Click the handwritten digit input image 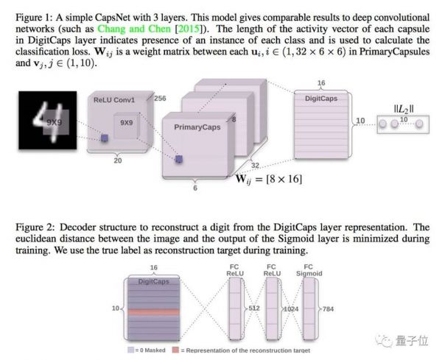pos(48,120)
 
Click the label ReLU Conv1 pos(114,100)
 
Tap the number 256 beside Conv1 pos(160,99)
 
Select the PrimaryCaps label pos(197,127)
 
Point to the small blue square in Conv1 pos(105,138)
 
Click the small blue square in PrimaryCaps pos(179,159)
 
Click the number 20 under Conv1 pos(118,160)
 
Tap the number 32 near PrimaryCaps pos(255,166)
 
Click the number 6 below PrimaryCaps pos(195,188)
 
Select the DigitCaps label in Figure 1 pos(321,99)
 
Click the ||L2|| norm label pos(404,109)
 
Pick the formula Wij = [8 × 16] pos(269,179)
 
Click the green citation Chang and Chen pos(134,29)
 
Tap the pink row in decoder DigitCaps pos(154,312)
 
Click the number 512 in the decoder pos(254,308)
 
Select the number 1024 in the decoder pos(291,309)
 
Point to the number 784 pos(328,309)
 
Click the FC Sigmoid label pos(309,270)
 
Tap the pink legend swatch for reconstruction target pos(175,350)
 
